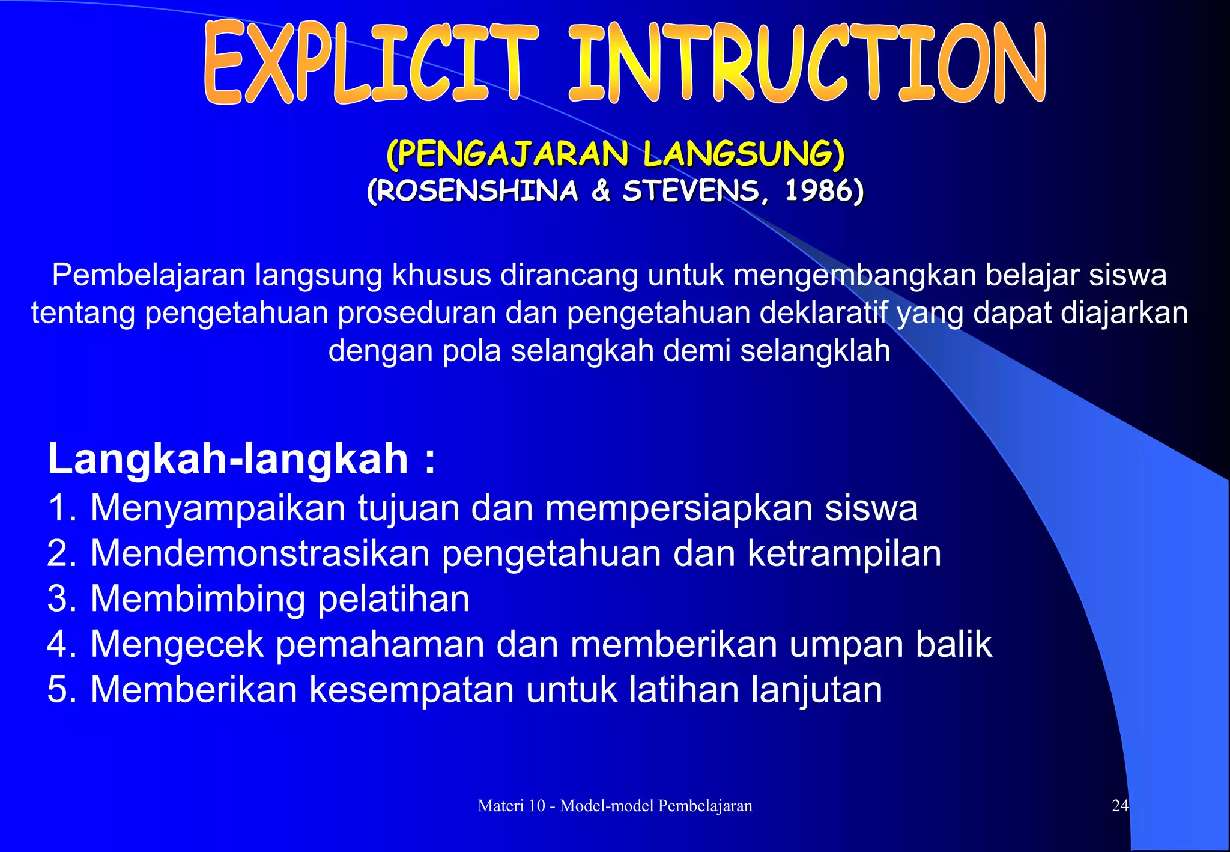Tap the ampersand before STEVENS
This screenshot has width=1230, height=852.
pyautogui.click(x=601, y=192)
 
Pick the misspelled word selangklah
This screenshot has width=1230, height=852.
pyautogui.click(x=815, y=350)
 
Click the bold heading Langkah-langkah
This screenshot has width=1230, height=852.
pyautogui.click(x=228, y=459)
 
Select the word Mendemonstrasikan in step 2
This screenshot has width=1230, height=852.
pyautogui.click(x=259, y=553)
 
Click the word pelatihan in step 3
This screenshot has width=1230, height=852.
pyautogui.click(x=393, y=599)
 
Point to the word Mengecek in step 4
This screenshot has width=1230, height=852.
pyautogui.click(x=177, y=644)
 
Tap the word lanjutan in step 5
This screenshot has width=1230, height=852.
pyautogui.click(x=817, y=690)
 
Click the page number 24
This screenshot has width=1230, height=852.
pyautogui.click(x=1120, y=806)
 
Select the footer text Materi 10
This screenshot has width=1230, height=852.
pyautogui.click(x=510, y=806)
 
